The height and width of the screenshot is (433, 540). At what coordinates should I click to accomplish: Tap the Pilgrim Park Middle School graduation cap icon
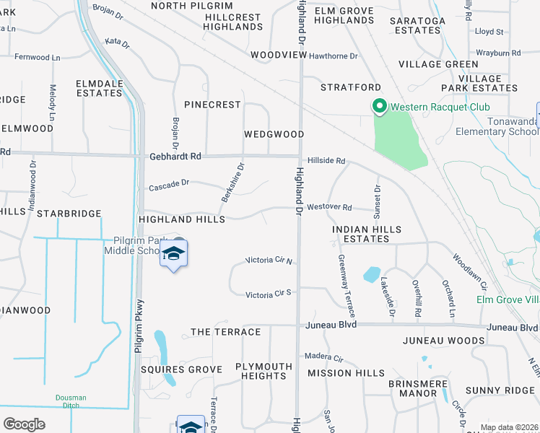click(x=173, y=253)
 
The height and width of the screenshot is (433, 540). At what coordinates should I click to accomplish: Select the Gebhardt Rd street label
click(x=175, y=155)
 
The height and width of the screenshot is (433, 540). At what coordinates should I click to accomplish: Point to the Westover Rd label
click(x=329, y=208)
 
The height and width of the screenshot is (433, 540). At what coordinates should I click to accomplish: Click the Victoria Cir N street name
click(x=269, y=260)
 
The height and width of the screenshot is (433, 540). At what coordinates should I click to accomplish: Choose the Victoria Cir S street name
click(x=268, y=294)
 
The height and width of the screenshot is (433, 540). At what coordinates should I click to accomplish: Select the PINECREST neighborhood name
click(x=212, y=105)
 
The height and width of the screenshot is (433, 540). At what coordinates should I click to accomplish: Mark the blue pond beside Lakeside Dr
click(x=371, y=274)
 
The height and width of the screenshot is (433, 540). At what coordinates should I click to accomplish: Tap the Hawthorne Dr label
click(x=334, y=56)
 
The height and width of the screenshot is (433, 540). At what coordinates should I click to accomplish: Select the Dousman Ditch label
click(x=71, y=402)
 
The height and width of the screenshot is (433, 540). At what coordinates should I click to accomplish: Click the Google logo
click(x=24, y=424)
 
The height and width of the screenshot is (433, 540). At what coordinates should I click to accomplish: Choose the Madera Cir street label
click(x=323, y=357)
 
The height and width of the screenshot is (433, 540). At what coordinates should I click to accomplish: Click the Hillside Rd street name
click(x=327, y=161)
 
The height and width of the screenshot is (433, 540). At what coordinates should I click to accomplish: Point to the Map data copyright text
click(x=508, y=427)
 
